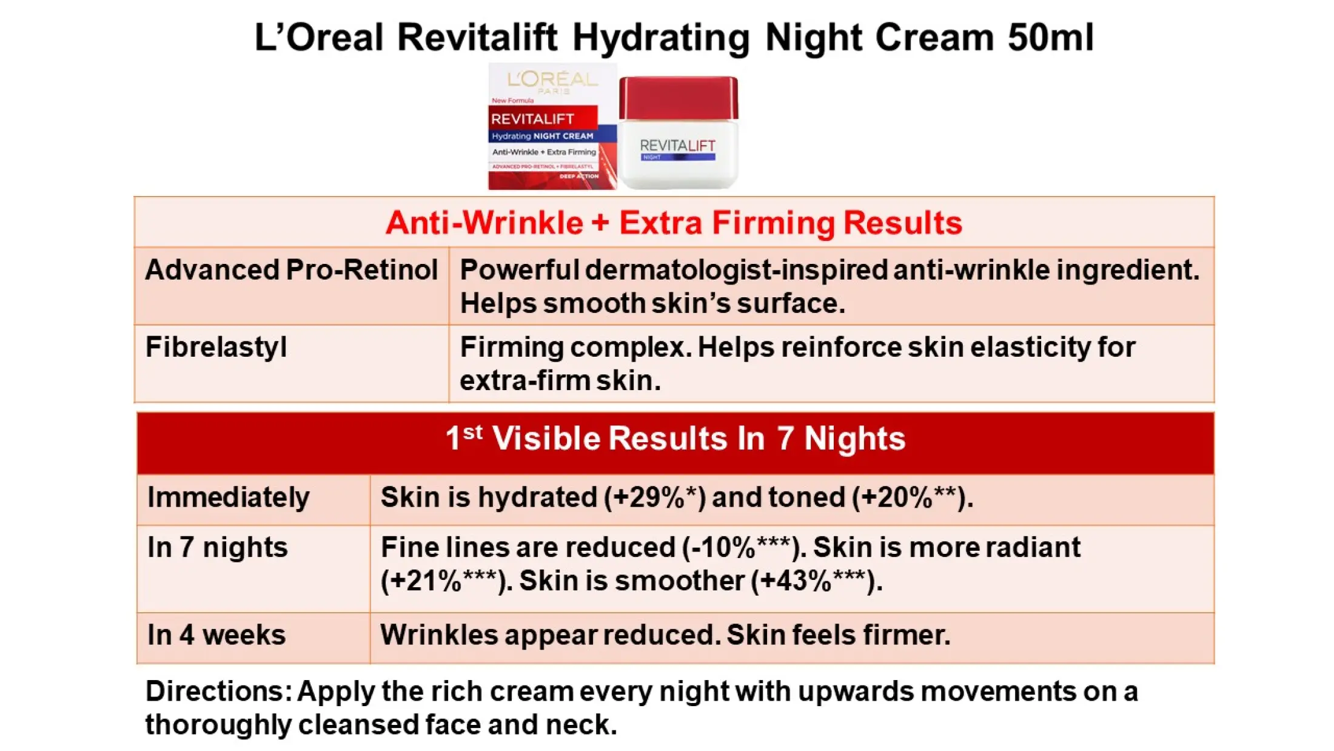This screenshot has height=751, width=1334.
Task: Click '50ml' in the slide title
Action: pyautogui.click(x=1050, y=38)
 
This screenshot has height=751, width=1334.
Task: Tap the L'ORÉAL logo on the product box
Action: pyautogui.click(x=552, y=79)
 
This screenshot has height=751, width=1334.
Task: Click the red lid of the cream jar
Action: pyautogui.click(x=678, y=97)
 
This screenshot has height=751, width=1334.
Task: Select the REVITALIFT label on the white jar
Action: pyautogui.click(x=677, y=146)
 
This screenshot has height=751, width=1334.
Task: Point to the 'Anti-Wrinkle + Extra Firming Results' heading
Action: pyautogui.click(x=674, y=223)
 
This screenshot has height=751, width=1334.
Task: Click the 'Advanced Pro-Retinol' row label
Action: pyautogui.click(x=291, y=270)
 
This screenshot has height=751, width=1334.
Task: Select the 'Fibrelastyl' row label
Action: pyautogui.click(x=216, y=348)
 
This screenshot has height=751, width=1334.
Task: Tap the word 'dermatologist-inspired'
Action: pyautogui.click(x=737, y=270)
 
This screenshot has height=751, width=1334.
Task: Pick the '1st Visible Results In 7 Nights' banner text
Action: pyautogui.click(x=675, y=439)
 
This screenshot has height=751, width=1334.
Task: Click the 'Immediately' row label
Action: pyautogui.click(x=229, y=497)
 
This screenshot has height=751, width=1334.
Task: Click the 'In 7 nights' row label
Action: pyautogui.click(x=217, y=548)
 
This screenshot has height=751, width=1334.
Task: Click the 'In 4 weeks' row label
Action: pyautogui.click(x=216, y=635)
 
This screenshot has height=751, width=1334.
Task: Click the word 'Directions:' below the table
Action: pyautogui.click(x=218, y=692)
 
